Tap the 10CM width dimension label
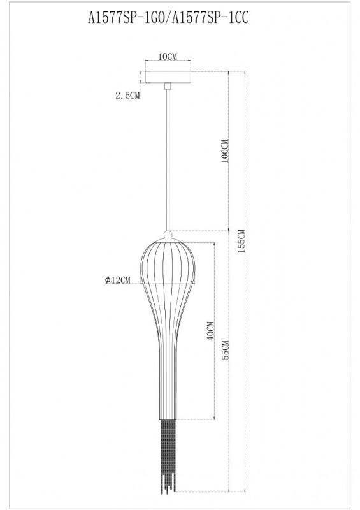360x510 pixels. click(168, 57)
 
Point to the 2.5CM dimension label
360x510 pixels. click(127, 96)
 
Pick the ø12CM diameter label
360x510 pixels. click(117, 280)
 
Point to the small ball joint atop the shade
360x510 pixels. click(168, 233)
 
